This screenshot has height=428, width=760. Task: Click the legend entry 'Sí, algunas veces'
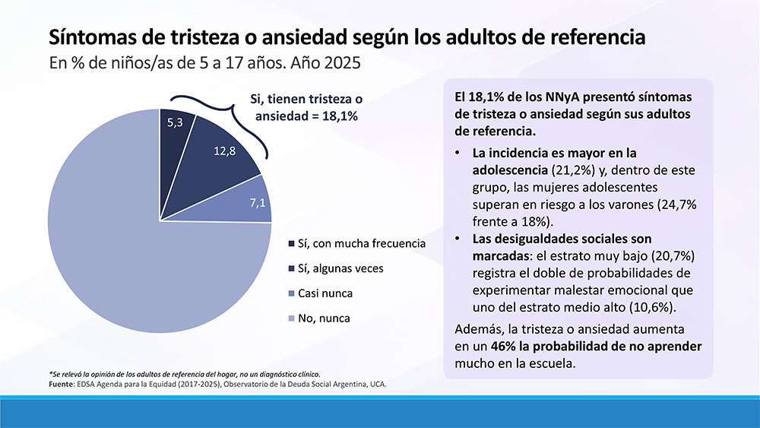point(342,268)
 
